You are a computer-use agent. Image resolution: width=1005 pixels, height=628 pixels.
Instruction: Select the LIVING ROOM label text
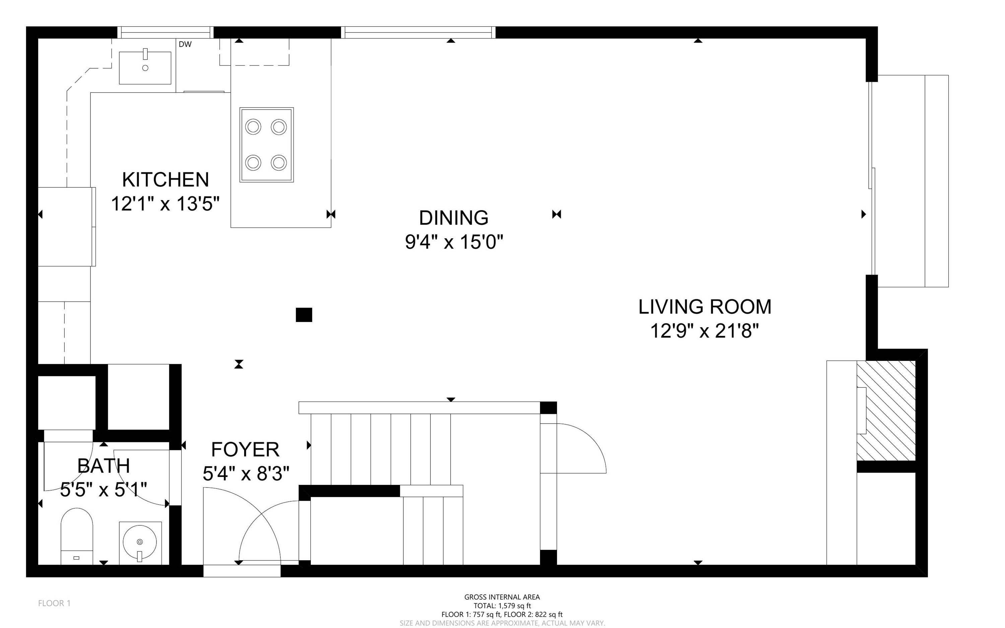[705, 307]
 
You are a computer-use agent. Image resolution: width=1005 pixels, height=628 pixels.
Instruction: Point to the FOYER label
[245, 449]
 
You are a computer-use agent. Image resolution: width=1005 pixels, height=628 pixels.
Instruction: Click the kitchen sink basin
[145, 68]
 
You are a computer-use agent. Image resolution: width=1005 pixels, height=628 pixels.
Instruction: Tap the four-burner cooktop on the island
[267, 144]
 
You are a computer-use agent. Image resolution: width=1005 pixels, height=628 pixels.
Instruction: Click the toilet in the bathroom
[77, 536]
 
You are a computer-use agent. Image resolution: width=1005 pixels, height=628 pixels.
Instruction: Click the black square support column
[304, 315]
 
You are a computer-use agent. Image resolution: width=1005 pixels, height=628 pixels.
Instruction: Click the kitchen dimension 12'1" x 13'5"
[165, 204]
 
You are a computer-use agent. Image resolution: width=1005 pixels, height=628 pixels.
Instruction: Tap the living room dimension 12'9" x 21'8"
[705, 331]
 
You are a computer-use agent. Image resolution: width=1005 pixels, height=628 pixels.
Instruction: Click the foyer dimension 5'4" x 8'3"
[246, 474]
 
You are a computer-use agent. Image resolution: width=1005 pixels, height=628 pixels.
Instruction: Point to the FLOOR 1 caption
[54, 603]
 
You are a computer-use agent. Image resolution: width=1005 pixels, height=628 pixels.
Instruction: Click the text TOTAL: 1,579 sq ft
[502, 606]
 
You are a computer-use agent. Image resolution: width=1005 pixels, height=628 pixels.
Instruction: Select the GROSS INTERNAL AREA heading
[502, 597]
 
